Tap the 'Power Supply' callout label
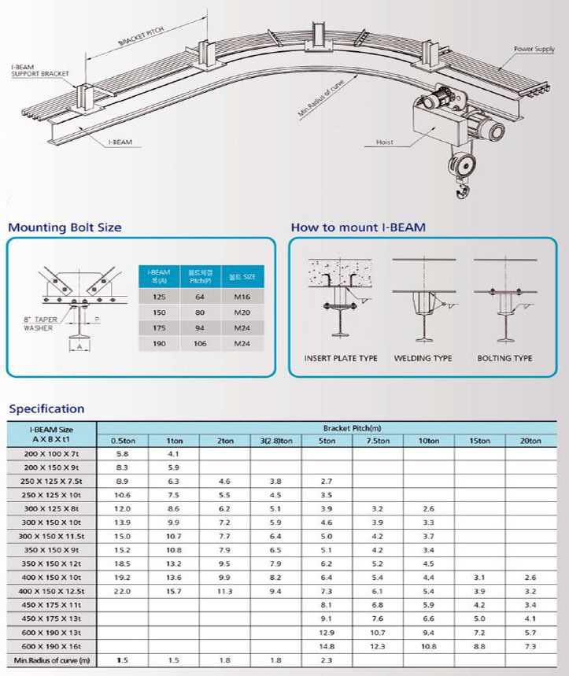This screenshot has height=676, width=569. pyautogui.click(x=534, y=49)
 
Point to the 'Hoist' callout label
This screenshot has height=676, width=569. pyautogui.click(x=384, y=142)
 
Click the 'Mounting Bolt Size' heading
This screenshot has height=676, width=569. pyautogui.click(x=65, y=228)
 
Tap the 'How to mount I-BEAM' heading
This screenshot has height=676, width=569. pyautogui.click(x=358, y=228)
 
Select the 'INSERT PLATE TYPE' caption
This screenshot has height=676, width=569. pyautogui.click(x=341, y=358)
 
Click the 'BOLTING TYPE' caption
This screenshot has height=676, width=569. pyautogui.click(x=505, y=358)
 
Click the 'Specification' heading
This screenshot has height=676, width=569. pyautogui.click(x=46, y=408)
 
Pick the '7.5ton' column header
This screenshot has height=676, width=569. pyautogui.click(x=377, y=441)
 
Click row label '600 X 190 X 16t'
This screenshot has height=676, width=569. pyautogui.click(x=52, y=646)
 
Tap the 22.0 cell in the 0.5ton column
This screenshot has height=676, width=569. pyautogui.click(x=121, y=590)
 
